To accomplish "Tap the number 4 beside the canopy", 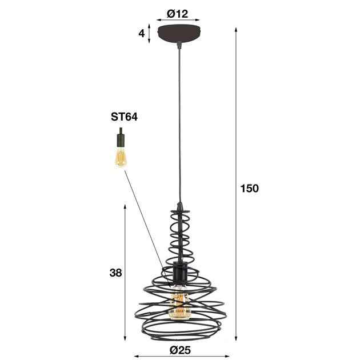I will pyautogui.click(x=141, y=33).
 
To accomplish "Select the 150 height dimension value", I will pyautogui.click(x=250, y=188).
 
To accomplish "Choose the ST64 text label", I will pyautogui.click(x=124, y=117).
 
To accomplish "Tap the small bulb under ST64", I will pyautogui.click(x=121, y=157).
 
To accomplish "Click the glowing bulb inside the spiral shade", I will pyautogui.click(x=179, y=305).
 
